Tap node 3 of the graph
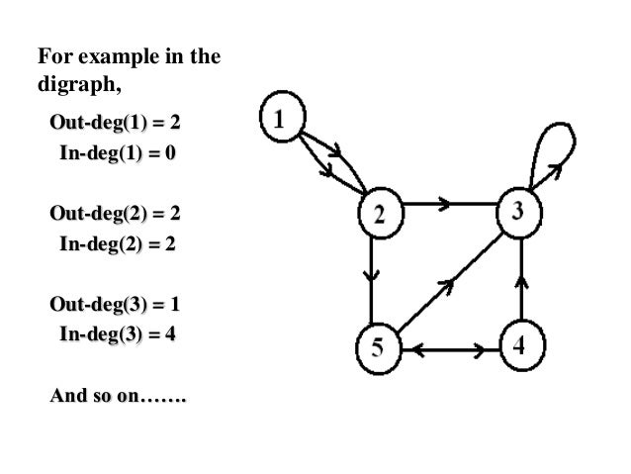coord(517,211)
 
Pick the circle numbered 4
coord(517,346)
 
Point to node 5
coord(377,348)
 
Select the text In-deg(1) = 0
coord(116,154)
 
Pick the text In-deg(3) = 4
coord(116,333)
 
